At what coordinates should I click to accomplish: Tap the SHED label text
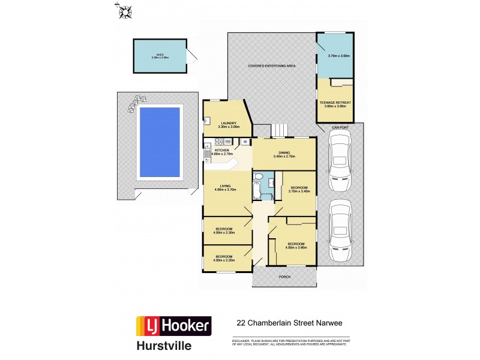point(160,54)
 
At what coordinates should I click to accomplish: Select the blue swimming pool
point(160,142)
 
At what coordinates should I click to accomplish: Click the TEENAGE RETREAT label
point(337,104)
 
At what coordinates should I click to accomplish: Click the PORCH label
point(284,277)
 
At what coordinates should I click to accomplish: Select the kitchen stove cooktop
point(220,142)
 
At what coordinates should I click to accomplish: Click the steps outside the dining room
point(280,130)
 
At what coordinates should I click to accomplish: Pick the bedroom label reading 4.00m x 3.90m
point(296,245)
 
